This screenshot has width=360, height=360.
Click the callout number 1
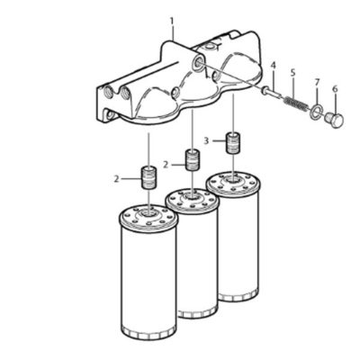pyautogui.click(x=172, y=21)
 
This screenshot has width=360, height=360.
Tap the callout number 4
pyautogui.click(x=273, y=65)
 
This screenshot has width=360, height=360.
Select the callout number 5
pyautogui.click(x=292, y=72)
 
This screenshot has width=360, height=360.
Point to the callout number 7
pyautogui.click(x=317, y=82)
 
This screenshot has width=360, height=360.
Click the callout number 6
pyautogui.click(x=335, y=89)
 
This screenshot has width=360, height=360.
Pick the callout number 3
pyautogui.click(x=206, y=140)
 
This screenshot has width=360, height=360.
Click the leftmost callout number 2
pyautogui.click(x=117, y=179)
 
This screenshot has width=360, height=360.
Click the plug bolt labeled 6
pyautogui.click(x=335, y=120)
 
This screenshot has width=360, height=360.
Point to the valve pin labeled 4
pyautogui.click(x=272, y=91)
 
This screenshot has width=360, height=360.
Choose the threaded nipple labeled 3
pyautogui.click(x=233, y=142)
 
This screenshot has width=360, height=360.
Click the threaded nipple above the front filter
pyautogui.click(x=148, y=178)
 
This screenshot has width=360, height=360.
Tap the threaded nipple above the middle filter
pyautogui.click(x=192, y=160)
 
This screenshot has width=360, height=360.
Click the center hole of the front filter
pyautogui.click(x=148, y=214)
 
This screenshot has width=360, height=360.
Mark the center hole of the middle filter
pyautogui.click(x=192, y=197)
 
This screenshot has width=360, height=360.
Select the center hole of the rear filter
pyautogui.click(x=233, y=180)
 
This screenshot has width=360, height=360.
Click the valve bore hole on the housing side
pyautogui.click(x=198, y=63)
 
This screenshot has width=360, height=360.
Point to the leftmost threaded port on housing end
pyautogui.click(x=108, y=92)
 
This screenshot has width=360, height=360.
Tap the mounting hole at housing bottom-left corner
pyautogui.click(x=110, y=114)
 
